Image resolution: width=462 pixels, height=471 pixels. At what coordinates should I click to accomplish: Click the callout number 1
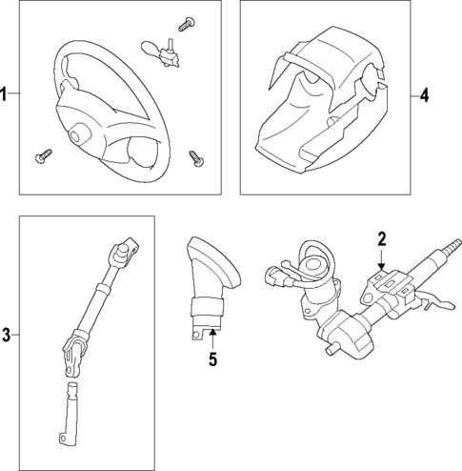pyautogui.click(x=4, y=93)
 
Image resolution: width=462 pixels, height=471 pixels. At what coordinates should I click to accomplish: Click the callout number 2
pyautogui.click(x=381, y=239)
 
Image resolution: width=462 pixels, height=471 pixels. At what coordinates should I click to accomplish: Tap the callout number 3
pyautogui.click(x=6, y=335)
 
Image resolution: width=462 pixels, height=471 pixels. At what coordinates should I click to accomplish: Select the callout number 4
pyautogui.click(x=424, y=95)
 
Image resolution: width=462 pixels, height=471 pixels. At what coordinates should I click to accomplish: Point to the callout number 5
pyautogui.click(x=212, y=359)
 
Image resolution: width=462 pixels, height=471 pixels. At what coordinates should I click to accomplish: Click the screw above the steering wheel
pyautogui.click(x=187, y=25)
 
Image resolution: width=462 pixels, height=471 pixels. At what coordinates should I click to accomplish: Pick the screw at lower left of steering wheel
pyautogui.click(x=44, y=156)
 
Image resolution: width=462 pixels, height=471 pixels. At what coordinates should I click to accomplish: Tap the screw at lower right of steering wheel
pyautogui.click(x=196, y=159)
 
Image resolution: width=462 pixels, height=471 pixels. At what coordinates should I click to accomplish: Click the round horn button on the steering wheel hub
pyautogui.click(x=76, y=135)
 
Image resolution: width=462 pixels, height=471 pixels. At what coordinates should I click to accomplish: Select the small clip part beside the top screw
pyautogui.click(x=161, y=53)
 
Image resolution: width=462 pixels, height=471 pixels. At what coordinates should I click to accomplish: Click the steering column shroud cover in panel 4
pyautogui.click(x=322, y=100)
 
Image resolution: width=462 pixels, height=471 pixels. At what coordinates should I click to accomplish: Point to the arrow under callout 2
pyautogui.click(x=381, y=259)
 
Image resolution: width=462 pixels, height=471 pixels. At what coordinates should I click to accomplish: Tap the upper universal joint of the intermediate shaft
pyautogui.click(x=123, y=253)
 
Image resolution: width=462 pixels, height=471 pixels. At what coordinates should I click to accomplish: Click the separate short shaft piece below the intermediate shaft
pyautogui.click(x=69, y=413)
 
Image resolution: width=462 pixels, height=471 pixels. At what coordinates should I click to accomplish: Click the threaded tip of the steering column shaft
pyautogui.click(x=453, y=245)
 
